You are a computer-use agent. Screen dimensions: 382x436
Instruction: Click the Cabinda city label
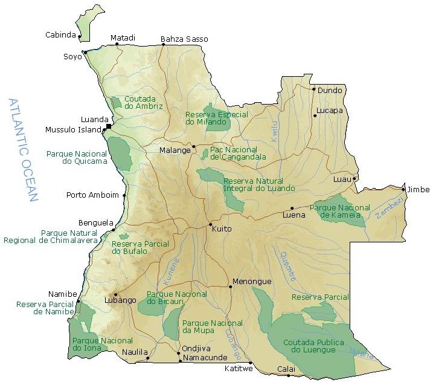coord(60,35)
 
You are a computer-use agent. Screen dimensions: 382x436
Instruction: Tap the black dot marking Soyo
coord(85,52)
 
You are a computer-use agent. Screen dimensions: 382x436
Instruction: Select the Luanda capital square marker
coord(109,126)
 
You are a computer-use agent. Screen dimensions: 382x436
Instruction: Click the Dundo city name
coord(330,91)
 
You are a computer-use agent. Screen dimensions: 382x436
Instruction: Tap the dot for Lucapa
coord(314,115)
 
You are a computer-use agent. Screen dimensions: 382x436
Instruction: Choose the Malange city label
coord(175,150)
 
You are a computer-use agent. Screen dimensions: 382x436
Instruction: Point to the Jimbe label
coord(418,190)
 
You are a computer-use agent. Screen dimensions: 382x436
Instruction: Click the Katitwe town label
coord(237,368)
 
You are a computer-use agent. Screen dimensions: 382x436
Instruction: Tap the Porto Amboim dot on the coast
coord(124,195)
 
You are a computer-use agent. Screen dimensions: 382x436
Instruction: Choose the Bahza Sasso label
coord(184,39)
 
